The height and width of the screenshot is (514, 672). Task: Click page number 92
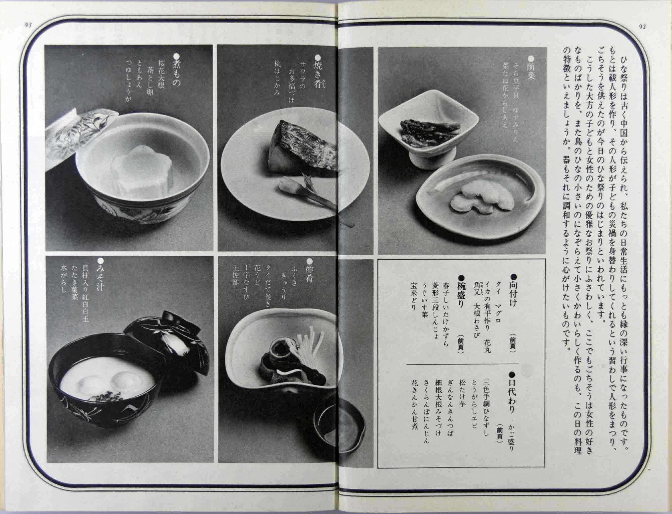642,26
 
